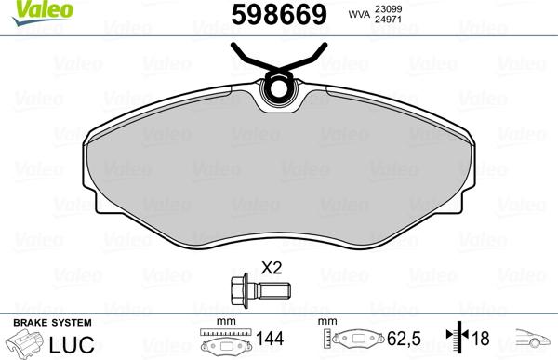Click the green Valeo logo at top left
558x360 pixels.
[24, 8]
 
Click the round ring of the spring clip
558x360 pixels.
[278, 89]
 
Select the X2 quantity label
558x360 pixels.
[272, 267]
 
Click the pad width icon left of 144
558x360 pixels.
[225, 341]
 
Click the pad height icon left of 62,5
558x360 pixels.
[353, 341]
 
